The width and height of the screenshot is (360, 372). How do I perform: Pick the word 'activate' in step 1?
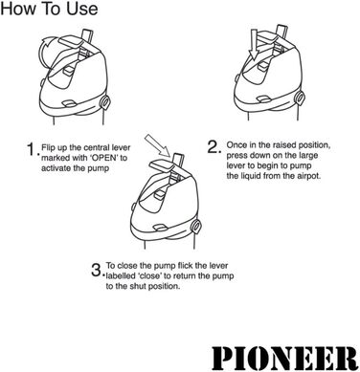click(62, 167)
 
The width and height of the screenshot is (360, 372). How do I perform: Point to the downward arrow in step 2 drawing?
click(254, 40)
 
